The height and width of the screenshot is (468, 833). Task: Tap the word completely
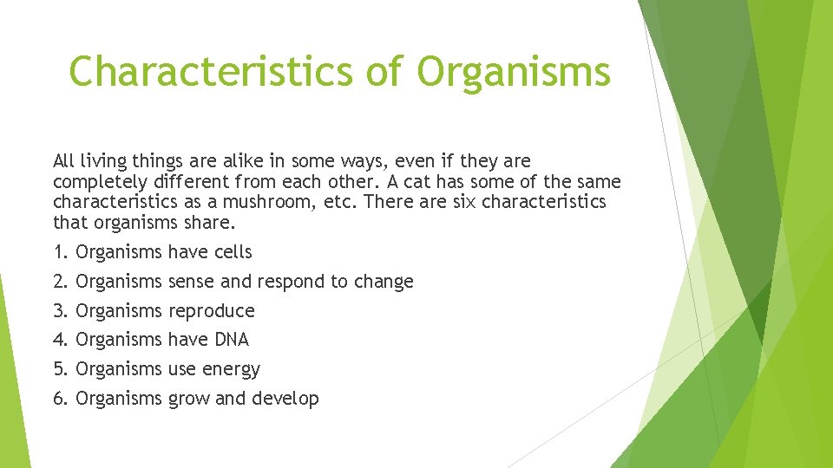pos(96,183)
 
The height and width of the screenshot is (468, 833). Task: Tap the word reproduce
pos(211,311)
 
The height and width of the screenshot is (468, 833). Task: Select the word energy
pos(231,370)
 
